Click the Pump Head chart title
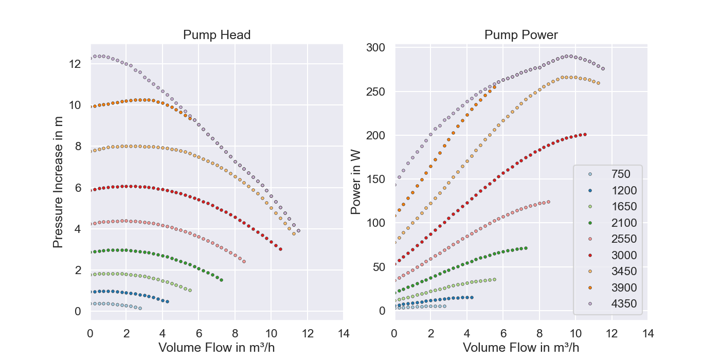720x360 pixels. pos(217,35)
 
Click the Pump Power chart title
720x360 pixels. pos(521,35)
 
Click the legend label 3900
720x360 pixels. pos(624,287)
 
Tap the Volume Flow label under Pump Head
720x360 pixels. pos(217,348)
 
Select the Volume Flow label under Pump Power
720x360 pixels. pos(521,348)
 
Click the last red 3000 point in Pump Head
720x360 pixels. pos(280,249)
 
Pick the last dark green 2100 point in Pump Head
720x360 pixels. pos(221,280)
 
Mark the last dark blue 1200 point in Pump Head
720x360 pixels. pos(167,301)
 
